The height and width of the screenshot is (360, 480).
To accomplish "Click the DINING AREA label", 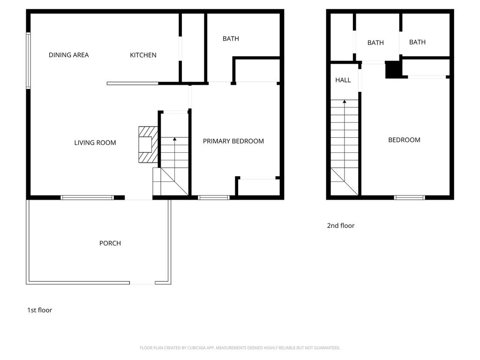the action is click(x=68, y=55).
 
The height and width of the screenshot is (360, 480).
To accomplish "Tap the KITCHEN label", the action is click(x=143, y=55).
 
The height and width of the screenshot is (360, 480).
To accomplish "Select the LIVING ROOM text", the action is click(x=95, y=142).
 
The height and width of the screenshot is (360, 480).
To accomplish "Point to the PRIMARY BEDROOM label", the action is click(x=233, y=141).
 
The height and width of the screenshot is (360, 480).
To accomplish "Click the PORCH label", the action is click(x=110, y=243).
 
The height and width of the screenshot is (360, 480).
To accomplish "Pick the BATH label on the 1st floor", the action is click(x=231, y=38).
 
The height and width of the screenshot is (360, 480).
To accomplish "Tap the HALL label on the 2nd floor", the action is click(x=343, y=80).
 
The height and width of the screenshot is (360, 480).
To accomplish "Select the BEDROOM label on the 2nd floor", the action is click(x=404, y=140).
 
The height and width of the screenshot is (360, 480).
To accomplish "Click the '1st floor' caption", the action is click(x=39, y=310).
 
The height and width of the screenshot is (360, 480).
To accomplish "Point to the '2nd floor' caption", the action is click(x=340, y=225).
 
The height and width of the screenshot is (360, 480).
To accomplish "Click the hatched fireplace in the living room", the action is click(x=148, y=144).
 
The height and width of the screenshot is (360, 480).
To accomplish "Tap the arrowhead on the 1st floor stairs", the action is click(x=174, y=139).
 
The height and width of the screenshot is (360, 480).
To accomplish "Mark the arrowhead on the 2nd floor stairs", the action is click(x=345, y=101).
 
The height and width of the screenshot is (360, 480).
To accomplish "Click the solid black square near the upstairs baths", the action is click(x=393, y=70).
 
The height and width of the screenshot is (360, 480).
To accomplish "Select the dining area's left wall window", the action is click(x=28, y=60).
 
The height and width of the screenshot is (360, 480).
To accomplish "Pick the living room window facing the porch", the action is click(x=87, y=198).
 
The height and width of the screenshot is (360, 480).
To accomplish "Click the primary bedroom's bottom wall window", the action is click(x=214, y=198).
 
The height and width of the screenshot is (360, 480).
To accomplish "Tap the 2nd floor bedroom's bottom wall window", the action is click(x=409, y=198).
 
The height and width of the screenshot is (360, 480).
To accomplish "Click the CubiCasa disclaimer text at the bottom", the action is click(x=240, y=348).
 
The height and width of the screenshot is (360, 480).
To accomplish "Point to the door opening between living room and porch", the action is click(x=138, y=198).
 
